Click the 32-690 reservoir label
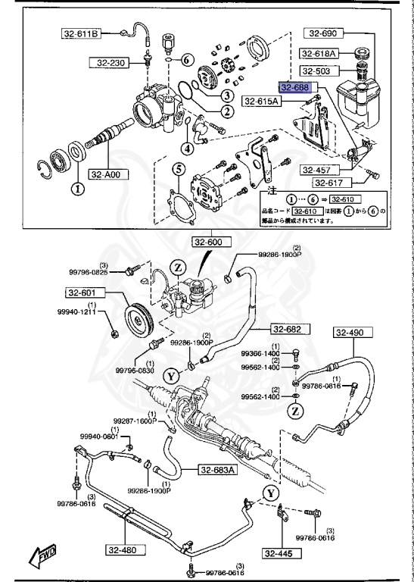point(323,33)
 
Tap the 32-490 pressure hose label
point(350,332)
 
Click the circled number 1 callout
point(76,188)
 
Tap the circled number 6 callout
point(187,60)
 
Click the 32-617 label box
point(332,183)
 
